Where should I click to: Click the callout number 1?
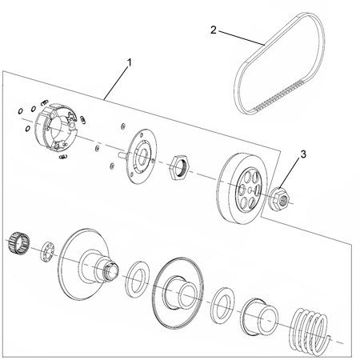[x=130, y=63]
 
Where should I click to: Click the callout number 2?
[x=213, y=30]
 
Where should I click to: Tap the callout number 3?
[x=303, y=154]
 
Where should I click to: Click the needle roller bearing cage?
[x=18, y=243]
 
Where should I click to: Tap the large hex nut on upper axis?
[x=179, y=167]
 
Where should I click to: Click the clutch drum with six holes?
[x=243, y=188]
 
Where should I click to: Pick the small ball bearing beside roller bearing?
[x=47, y=251]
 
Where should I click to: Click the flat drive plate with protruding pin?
[x=141, y=156]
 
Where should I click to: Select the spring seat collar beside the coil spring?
[x=259, y=317]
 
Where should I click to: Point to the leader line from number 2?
[x=242, y=38]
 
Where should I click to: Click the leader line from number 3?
[x=289, y=174]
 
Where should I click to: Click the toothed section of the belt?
[x=278, y=96]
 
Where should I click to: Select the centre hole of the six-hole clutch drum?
[x=250, y=190]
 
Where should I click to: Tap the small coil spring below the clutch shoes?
[x=63, y=157]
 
